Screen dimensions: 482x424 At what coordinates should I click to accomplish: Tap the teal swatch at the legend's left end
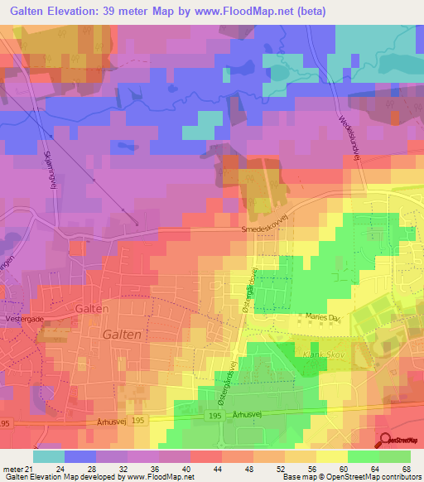(49, 456)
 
